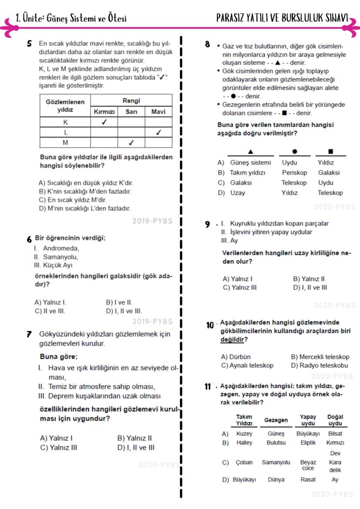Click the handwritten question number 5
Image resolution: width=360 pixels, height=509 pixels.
click(x=29, y=44)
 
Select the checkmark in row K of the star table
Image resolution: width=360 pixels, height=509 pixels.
click(x=104, y=122)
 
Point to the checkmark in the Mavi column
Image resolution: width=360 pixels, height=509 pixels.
click(x=158, y=133)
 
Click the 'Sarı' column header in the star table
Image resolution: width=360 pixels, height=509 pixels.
click(x=131, y=112)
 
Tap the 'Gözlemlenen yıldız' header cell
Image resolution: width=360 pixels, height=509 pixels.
click(x=65, y=106)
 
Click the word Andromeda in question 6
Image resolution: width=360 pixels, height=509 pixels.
click(x=61, y=248)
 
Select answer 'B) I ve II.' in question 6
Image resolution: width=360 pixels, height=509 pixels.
click(x=119, y=302)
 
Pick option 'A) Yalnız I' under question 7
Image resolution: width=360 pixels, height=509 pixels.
click(x=56, y=438)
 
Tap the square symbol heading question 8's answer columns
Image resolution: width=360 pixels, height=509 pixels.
click(x=330, y=152)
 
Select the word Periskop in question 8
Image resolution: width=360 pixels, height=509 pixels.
click(x=294, y=173)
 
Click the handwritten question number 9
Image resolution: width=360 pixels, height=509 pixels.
click(x=208, y=224)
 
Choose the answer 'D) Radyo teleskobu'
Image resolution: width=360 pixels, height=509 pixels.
click(x=320, y=366)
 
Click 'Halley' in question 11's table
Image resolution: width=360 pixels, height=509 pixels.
click(x=244, y=443)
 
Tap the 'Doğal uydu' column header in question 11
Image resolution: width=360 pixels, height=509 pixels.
click(x=335, y=420)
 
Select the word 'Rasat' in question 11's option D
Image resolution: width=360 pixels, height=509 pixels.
click(x=308, y=479)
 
